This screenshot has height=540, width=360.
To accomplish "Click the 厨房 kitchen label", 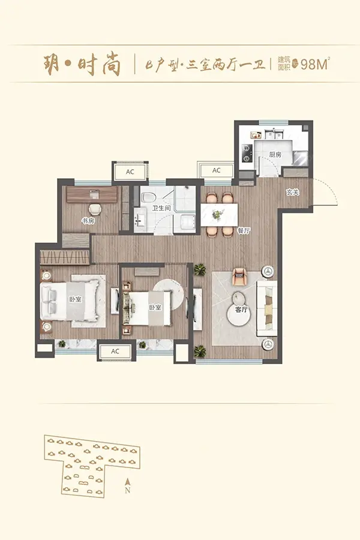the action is pos(275,155).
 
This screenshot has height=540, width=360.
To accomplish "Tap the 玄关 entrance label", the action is pos(292,193).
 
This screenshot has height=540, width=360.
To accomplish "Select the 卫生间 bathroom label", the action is pos(161,208).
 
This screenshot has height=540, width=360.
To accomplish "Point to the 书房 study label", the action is pos(88,221).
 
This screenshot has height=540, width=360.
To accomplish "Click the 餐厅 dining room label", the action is pos(244,231).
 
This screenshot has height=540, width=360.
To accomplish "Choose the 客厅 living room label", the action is pos(241,310).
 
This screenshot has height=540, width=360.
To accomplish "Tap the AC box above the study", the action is pos(130,172).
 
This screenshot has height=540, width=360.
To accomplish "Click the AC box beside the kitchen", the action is pos(216,170).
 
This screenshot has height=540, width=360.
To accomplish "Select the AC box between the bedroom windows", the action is pos(115,352).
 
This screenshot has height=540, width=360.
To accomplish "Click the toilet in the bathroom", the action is pos(148,197).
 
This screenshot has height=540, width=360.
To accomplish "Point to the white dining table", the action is pos(219,215).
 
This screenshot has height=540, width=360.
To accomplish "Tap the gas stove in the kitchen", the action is pos(247,153).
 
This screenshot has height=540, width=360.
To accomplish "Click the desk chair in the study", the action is pos(95,209).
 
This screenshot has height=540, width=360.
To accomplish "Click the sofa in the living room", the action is pos(267,308).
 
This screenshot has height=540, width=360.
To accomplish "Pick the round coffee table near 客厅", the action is pos(239,314).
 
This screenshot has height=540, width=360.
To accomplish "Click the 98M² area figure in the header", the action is pos(315,64).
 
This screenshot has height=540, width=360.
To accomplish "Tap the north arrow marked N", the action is pos(127,486).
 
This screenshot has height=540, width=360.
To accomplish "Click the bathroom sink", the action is pos(140,218).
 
